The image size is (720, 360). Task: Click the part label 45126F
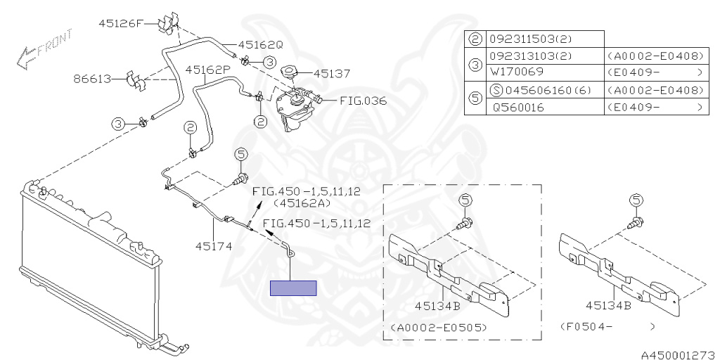click(120, 22)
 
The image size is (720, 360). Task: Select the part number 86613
click(91, 79)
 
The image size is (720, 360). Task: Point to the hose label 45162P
click(207, 70)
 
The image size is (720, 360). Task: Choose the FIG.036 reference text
click(363, 101)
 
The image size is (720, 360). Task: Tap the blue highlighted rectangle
click(293, 288)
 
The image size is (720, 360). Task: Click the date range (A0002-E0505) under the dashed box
click(436, 327)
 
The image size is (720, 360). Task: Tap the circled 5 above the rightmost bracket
click(636, 201)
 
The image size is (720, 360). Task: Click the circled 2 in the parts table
click(475, 39)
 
